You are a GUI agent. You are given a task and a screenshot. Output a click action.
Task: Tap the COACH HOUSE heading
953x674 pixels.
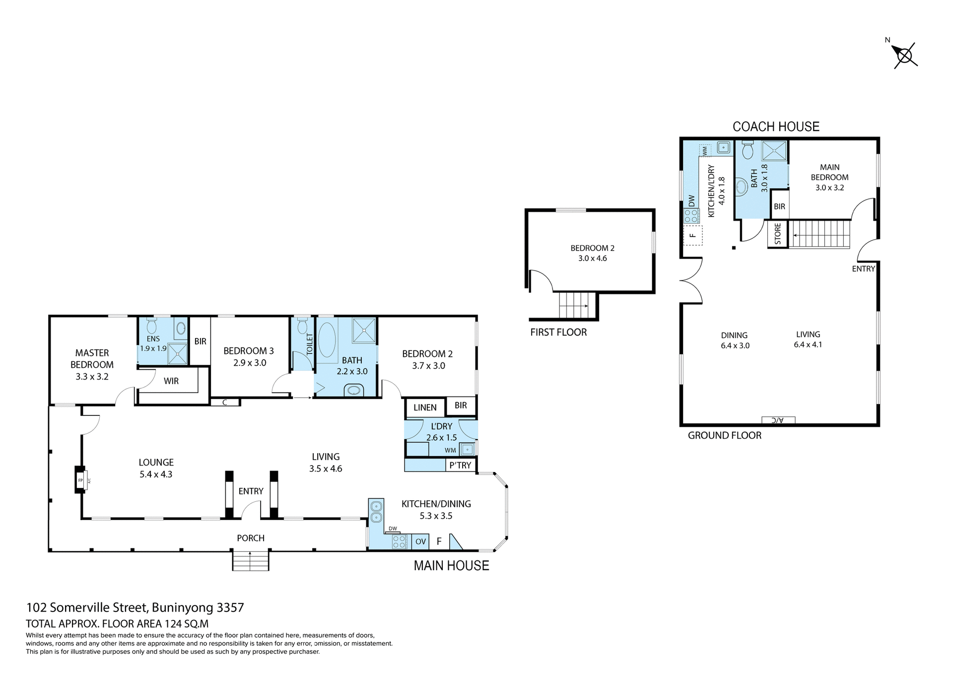coord(776,127)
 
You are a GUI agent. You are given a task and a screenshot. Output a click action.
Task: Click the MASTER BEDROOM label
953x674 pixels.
coord(92,359)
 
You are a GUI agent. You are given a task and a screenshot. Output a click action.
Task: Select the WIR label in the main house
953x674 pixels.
coord(171,381)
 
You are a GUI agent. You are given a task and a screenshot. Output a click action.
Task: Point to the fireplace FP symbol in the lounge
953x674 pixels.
coord(80,480)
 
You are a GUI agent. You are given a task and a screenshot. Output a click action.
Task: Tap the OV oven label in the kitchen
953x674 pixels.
coord(420,541)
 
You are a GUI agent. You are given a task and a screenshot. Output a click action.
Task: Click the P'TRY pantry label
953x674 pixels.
coord(460,465)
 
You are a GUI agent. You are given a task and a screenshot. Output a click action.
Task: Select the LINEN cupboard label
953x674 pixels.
coord(425,407)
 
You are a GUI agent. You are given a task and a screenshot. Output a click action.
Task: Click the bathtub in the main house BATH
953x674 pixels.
coord(327,339)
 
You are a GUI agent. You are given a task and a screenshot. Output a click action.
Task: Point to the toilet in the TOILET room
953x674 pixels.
coord(302,326)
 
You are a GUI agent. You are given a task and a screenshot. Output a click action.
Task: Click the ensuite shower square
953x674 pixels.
coord(177,354)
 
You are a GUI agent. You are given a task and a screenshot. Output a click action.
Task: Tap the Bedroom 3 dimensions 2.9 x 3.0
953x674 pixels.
coord(250,363)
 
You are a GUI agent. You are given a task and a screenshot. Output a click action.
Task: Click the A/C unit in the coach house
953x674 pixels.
coord(778,420)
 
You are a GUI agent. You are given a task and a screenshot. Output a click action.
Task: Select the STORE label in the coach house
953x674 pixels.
coord(777,234)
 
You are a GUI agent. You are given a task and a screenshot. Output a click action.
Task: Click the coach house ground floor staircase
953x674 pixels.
coord(819,234)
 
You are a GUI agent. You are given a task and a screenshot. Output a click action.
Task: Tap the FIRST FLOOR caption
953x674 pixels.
coord(558,333)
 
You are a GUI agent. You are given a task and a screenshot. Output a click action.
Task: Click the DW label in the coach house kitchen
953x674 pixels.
coord(691,201)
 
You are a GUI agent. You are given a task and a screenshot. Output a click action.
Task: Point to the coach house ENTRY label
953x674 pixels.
coord(863,269)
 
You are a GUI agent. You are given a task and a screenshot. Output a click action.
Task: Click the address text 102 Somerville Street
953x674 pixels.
coord(135,607)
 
